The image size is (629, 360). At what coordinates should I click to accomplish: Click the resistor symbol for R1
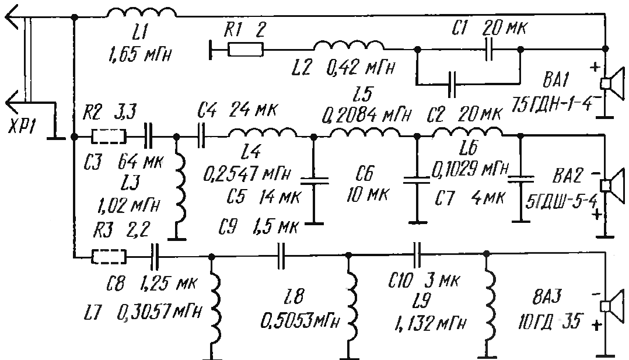246,50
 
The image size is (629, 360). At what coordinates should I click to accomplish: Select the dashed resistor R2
109,137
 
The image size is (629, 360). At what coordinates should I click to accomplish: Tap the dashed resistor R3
109,257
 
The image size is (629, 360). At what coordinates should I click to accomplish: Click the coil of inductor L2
348,45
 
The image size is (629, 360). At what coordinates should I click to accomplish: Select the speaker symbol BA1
611,83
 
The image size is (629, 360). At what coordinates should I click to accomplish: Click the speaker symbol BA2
611,185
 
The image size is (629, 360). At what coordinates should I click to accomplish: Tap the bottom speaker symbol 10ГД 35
611,306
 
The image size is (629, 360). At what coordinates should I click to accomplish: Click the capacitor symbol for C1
488,49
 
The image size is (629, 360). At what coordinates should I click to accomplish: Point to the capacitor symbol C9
281,255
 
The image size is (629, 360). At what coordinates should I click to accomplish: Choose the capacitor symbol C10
417,254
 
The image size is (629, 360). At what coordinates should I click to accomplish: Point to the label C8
116,284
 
